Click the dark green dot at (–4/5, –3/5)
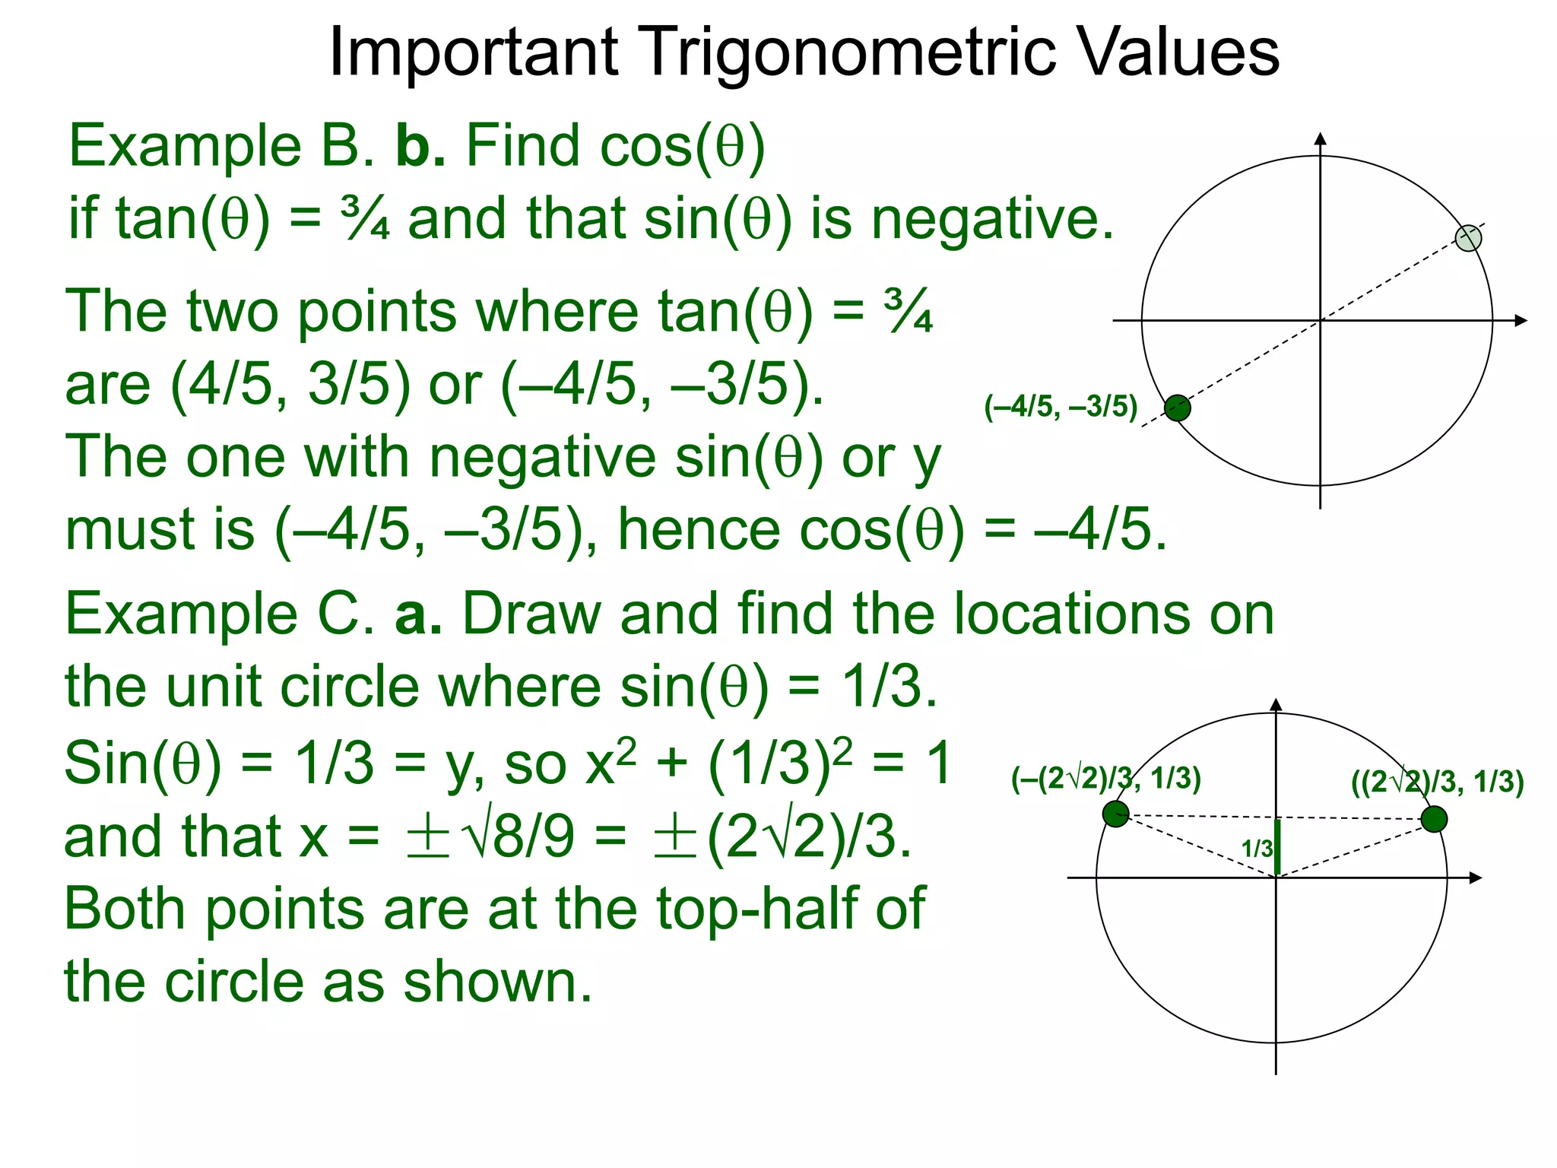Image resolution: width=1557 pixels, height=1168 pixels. click(x=1178, y=408)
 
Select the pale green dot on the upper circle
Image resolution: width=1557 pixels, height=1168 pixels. click(x=1468, y=238)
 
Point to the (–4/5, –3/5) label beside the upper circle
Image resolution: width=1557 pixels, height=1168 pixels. click(x=1061, y=407)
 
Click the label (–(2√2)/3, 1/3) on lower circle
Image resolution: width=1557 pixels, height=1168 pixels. click(x=1105, y=779)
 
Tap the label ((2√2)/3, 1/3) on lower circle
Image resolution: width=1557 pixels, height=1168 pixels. click(x=1437, y=782)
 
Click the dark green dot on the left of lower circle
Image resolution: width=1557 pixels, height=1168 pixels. click(x=1115, y=814)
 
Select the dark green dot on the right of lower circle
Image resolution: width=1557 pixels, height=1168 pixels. click(x=1434, y=820)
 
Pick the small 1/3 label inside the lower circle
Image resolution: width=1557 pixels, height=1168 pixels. click(x=1257, y=849)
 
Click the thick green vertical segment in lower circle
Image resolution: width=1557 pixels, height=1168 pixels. click(x=1277, y=848)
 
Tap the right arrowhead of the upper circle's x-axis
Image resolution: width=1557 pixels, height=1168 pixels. click(x=1521, y=321)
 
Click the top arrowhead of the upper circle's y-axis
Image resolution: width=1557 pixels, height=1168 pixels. click(x=1321, y=138)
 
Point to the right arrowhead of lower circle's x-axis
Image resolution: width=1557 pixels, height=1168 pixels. click(x=1476, y=878)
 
